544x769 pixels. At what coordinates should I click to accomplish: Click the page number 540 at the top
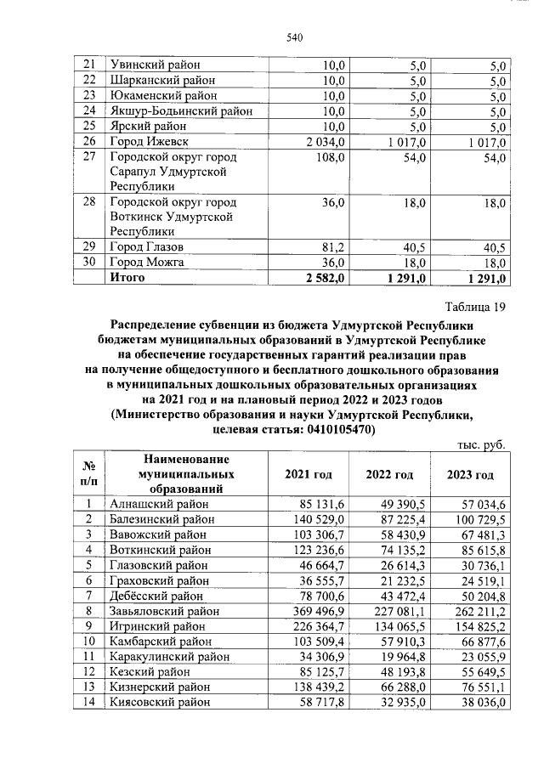tap(295, 37)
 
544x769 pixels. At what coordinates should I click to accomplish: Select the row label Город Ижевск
tap(148, 141)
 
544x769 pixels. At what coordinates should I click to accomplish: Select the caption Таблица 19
tap(475, 307)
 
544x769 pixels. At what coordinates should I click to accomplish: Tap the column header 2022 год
tap(389, 474)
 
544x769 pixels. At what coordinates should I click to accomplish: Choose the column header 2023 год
tap(470, 474)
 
